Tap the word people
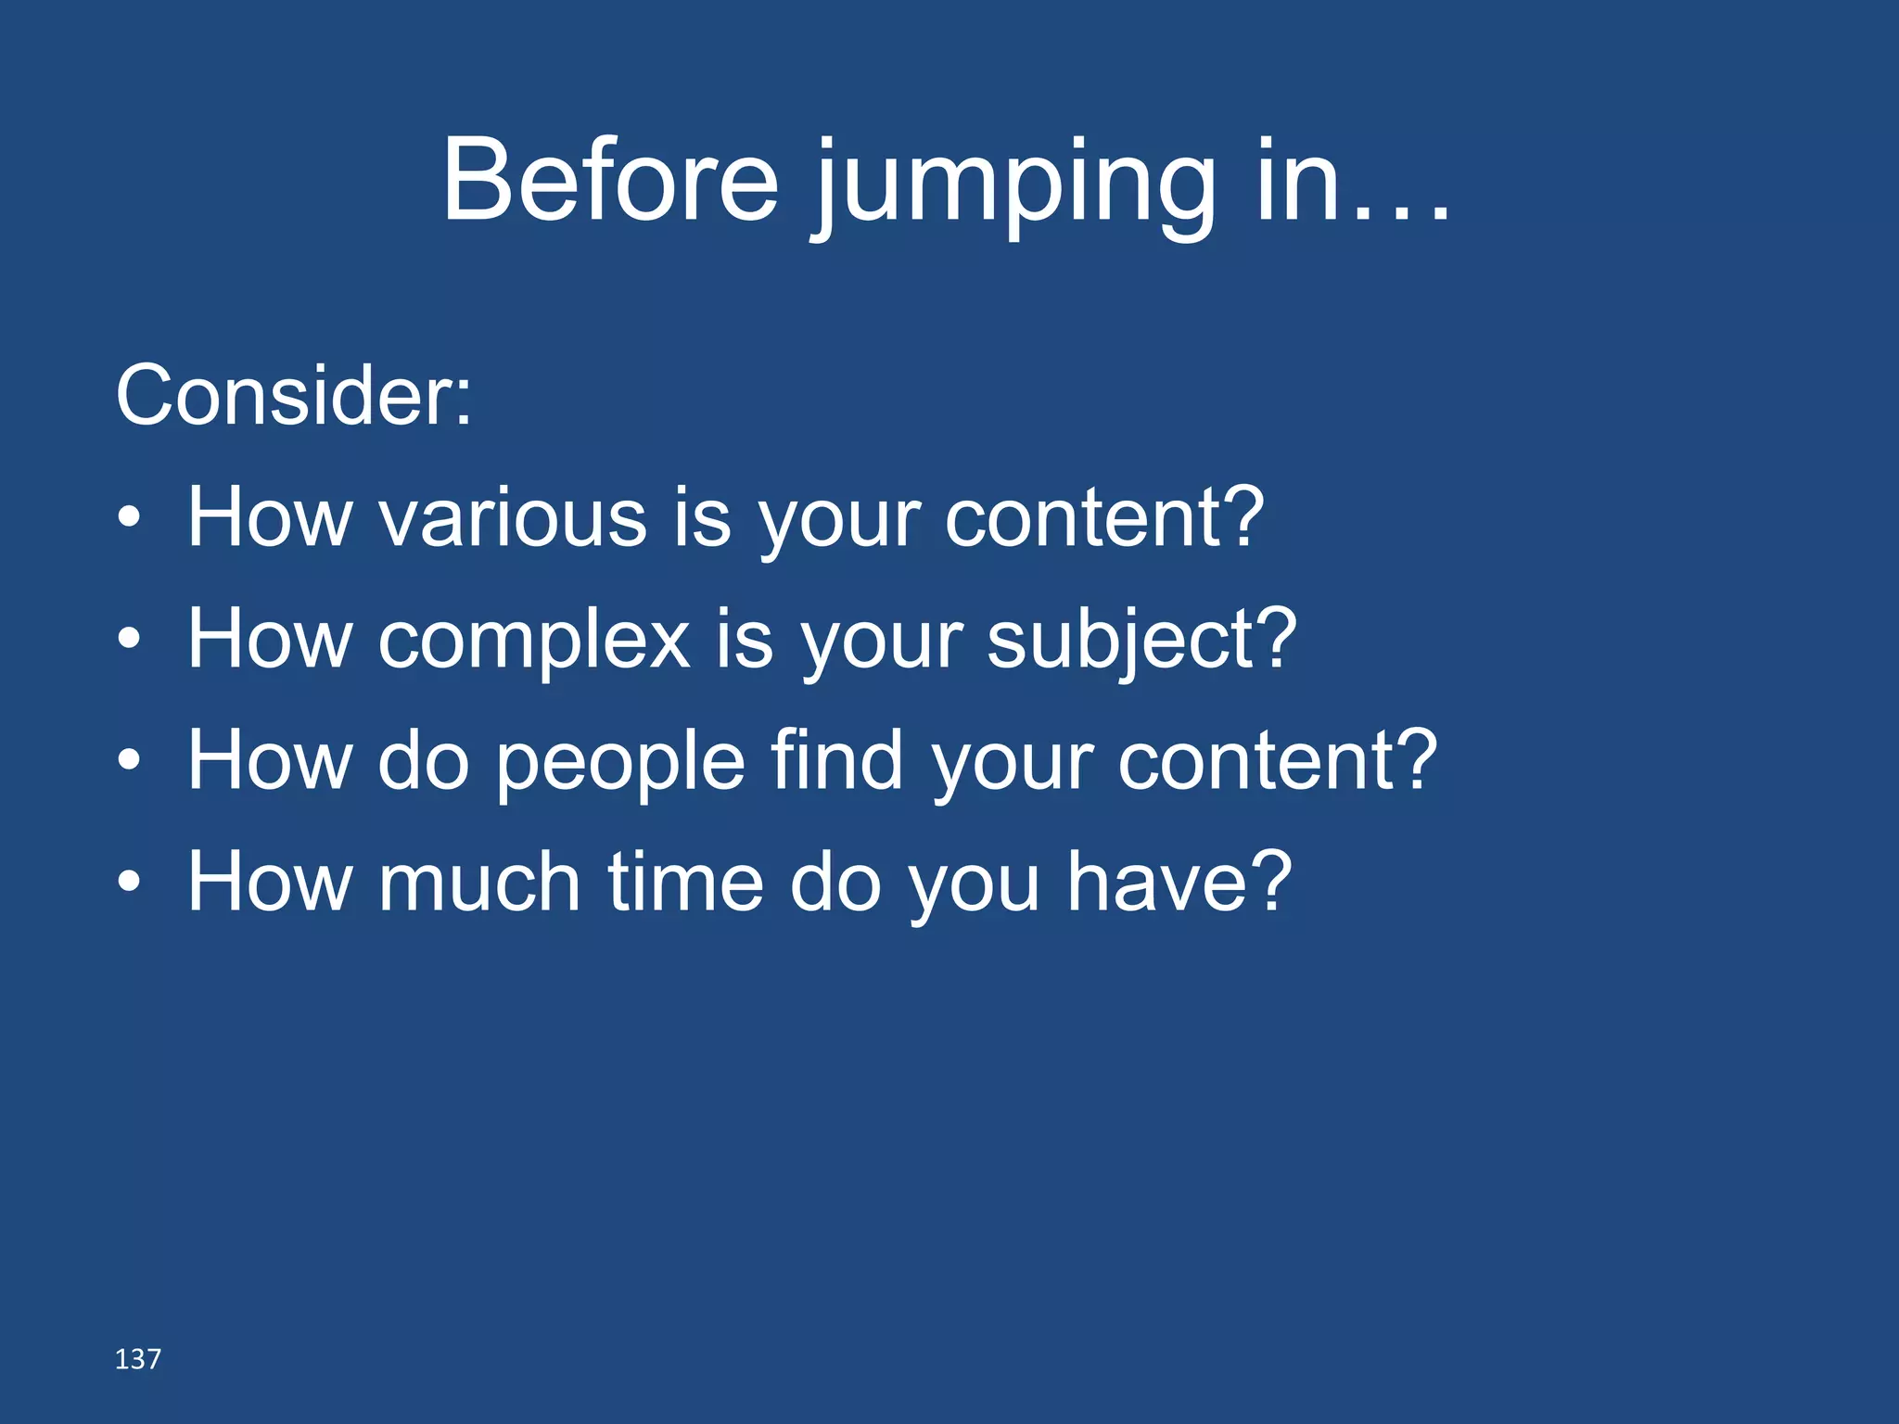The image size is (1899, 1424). (x=619, y=763)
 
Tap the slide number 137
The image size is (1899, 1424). (x=137, y=1359)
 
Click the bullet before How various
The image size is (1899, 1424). (x=130, y=519)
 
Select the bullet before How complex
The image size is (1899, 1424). (x=130, y=640)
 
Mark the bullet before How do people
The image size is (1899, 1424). (x=130, y=761)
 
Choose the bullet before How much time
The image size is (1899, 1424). (x=130, y=883)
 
